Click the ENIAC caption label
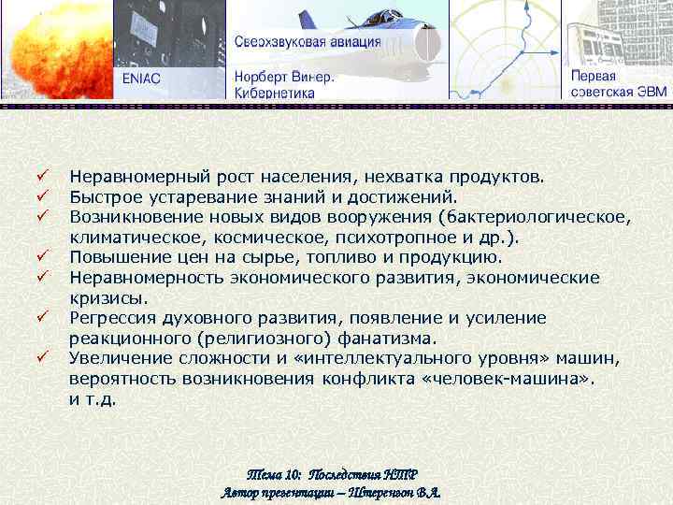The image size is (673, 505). pyautogui.click(x=141, y=78)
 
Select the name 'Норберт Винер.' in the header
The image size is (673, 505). pyautogui.click(x=284, y=78)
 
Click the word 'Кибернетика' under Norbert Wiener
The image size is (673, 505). pyautogui.click(x=274, y=93)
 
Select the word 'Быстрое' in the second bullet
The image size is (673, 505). pyautogui.click(x=100, y=197)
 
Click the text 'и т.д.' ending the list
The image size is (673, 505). pyautogui.click(x=93, y=399)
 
